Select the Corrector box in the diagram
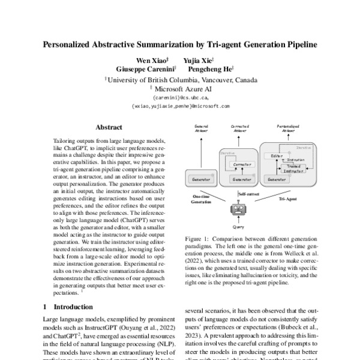coord(242,163)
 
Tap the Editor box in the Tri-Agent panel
coord(277,156)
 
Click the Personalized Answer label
coord(289,129)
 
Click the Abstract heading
coord(109,127)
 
